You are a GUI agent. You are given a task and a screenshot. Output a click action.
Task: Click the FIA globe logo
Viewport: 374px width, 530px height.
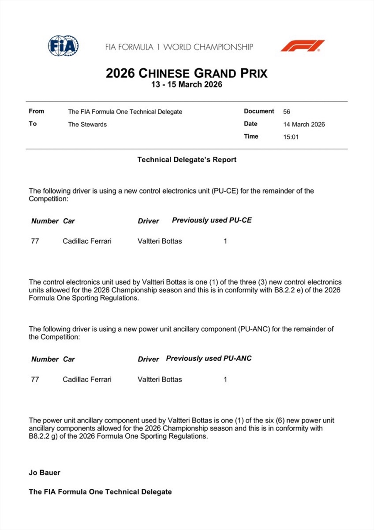63,46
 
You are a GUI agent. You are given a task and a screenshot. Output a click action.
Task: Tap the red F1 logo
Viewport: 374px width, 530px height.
303,46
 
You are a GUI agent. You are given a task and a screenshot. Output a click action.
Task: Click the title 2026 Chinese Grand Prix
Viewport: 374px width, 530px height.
187,73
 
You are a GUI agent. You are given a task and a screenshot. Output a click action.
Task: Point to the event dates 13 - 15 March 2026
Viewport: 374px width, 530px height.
187,84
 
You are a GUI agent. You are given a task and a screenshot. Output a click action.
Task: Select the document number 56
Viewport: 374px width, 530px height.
287,112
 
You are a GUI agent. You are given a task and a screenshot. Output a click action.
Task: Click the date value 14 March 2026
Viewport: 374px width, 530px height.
304,124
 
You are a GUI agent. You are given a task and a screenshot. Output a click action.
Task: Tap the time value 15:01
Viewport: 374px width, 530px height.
291,137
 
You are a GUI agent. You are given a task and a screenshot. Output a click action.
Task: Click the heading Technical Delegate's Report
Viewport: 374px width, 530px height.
187,159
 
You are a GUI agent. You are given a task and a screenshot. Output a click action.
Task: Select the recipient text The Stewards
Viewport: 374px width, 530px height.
87,124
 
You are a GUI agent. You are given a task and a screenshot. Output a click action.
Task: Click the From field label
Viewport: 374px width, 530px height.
36,111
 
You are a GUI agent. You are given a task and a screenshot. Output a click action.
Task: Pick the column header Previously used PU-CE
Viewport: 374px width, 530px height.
212,220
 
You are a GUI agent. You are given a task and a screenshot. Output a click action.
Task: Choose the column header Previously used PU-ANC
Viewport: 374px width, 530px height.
209,358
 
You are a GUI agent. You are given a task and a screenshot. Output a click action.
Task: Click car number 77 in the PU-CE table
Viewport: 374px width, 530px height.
35,241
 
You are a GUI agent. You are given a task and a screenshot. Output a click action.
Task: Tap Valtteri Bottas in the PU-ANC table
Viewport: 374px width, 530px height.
160,379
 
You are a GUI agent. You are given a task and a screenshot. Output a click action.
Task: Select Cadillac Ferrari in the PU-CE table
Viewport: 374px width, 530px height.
87,241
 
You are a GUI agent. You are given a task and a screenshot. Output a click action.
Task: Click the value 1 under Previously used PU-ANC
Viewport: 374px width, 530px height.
225,379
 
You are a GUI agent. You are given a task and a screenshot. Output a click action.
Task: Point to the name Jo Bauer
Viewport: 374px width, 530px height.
45,473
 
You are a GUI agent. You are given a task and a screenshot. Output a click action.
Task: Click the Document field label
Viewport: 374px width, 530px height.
259,111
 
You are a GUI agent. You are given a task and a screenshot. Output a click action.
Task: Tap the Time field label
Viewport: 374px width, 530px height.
251,136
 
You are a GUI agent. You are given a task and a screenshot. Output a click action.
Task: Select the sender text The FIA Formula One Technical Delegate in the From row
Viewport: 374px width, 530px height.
125,112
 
